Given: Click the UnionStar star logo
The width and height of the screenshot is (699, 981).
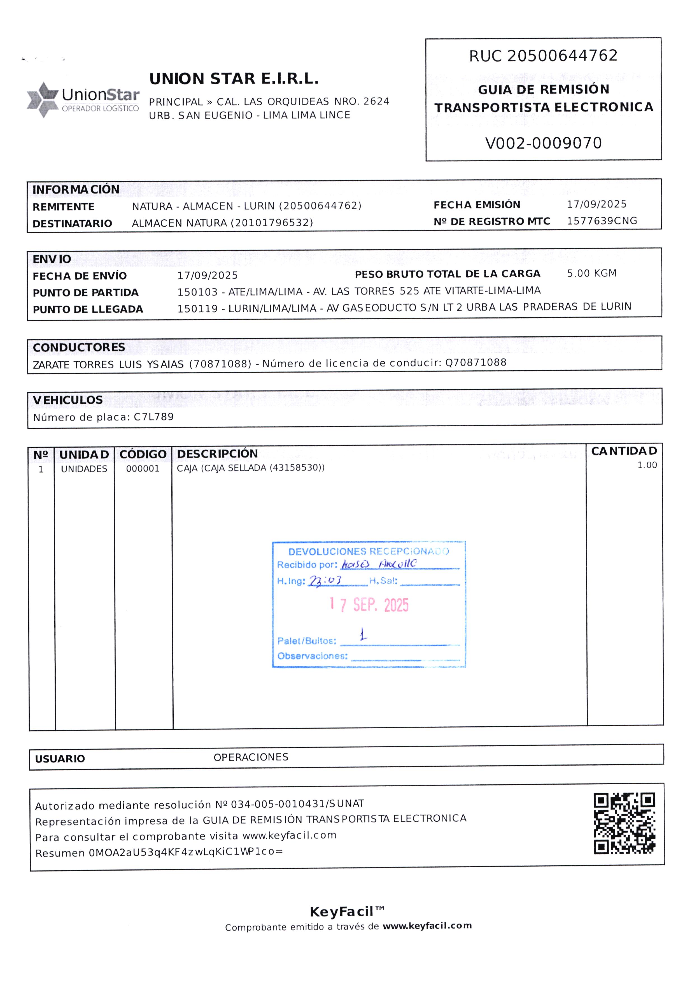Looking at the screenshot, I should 42,99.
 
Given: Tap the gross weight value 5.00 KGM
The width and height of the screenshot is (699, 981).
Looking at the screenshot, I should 591,273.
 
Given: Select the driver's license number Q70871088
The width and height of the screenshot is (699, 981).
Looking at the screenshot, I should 476,362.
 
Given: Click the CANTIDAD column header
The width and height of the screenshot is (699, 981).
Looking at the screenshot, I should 624,451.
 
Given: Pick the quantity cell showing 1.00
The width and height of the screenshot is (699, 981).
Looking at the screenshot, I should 647,465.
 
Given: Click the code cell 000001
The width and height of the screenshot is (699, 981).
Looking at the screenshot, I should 143,469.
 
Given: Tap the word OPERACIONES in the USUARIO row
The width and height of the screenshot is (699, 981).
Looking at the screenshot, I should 251,757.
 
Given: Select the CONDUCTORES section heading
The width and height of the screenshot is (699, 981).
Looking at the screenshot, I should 79,347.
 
